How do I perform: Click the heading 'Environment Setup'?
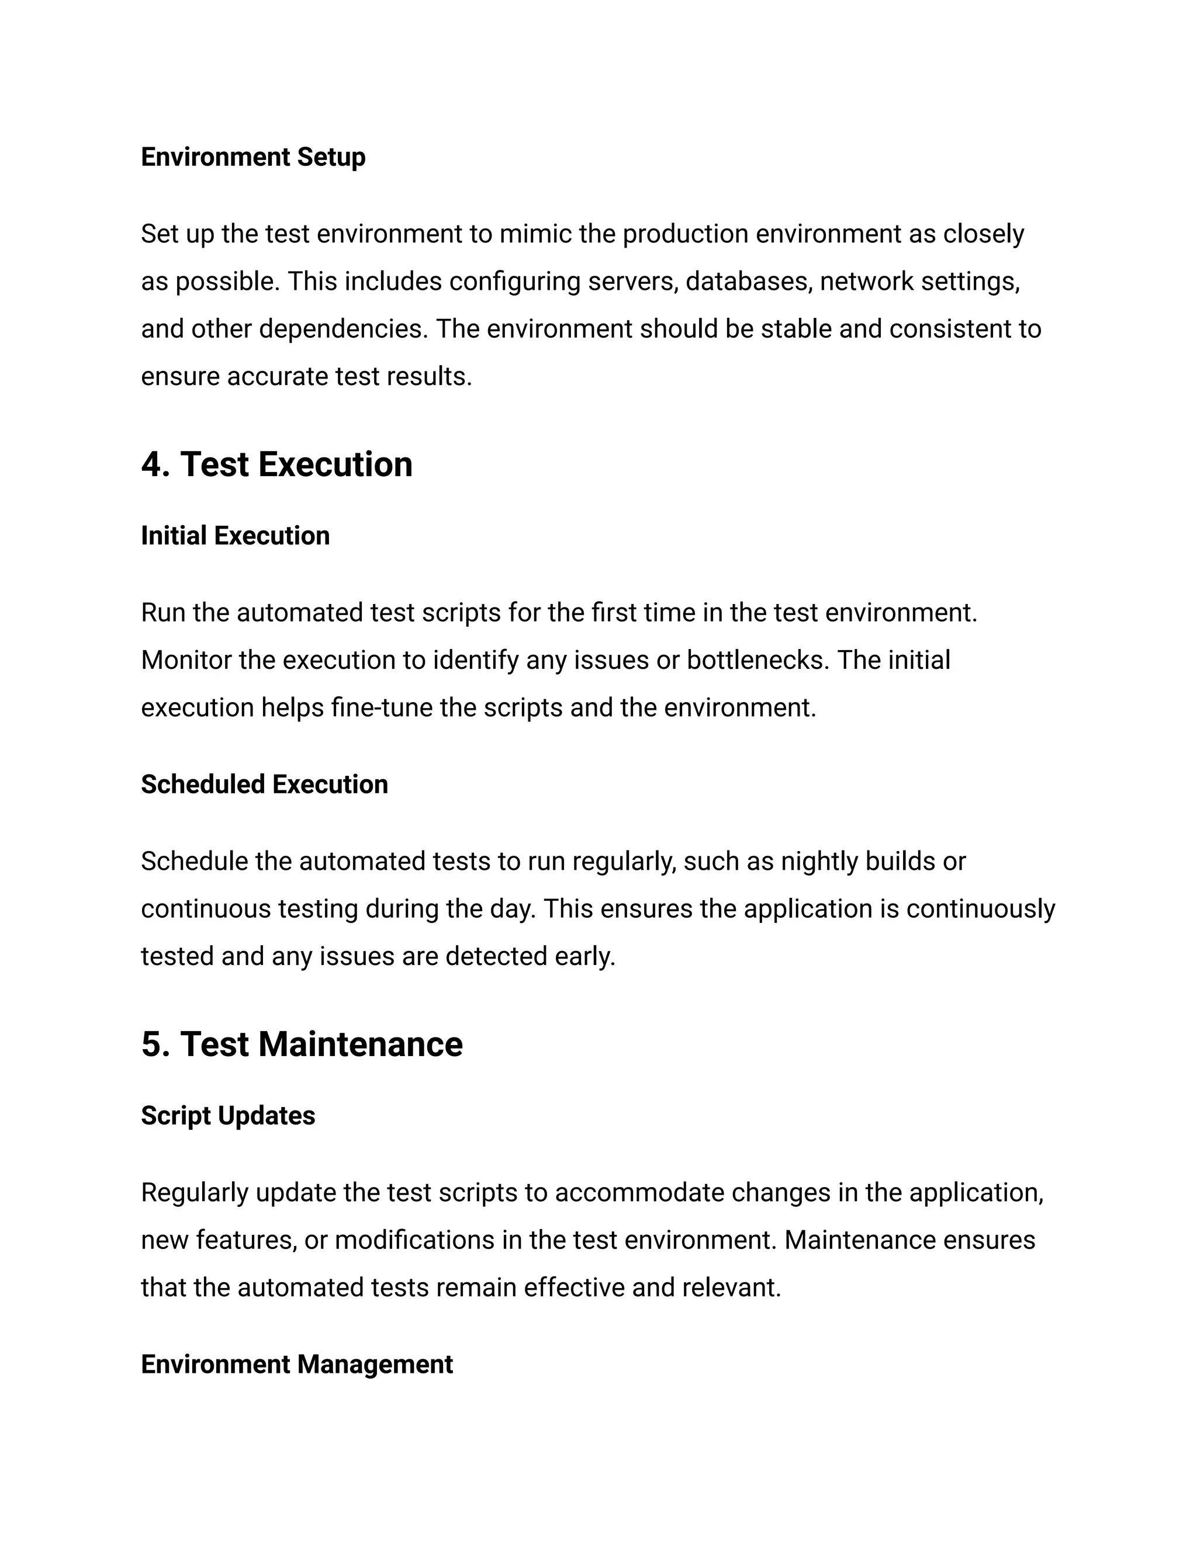click(253, 157)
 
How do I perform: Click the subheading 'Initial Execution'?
click(236, 536)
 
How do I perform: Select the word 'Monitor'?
click(186, 660)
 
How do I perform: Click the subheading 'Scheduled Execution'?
click(265, 785)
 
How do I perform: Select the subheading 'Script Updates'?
click(227, 1116)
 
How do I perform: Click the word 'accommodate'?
click(639, 1193)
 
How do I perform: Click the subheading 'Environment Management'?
click(296, 1365)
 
